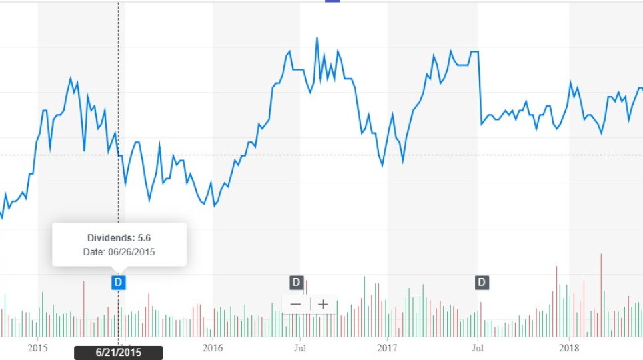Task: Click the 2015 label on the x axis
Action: coord(38,347)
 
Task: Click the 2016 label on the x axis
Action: coord(213,347)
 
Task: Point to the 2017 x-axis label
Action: coord(388,347)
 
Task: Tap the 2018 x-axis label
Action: coord(569,347)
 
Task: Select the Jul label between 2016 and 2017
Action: coord(299,347)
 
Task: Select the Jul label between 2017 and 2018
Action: coord(478,347)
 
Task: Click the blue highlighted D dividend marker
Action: coord(118,282)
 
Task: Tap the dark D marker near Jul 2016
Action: coord(296,282)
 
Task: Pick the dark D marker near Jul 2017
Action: coord(482,282)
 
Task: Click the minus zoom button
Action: coord(295,305)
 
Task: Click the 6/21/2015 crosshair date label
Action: coord(118,353)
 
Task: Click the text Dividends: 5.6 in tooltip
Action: coord(119,238)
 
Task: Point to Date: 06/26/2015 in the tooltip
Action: coord(119,252)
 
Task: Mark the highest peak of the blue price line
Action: coord(317,39)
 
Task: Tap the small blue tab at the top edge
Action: coord(332,1)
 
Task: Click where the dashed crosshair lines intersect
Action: coord(119,155)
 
